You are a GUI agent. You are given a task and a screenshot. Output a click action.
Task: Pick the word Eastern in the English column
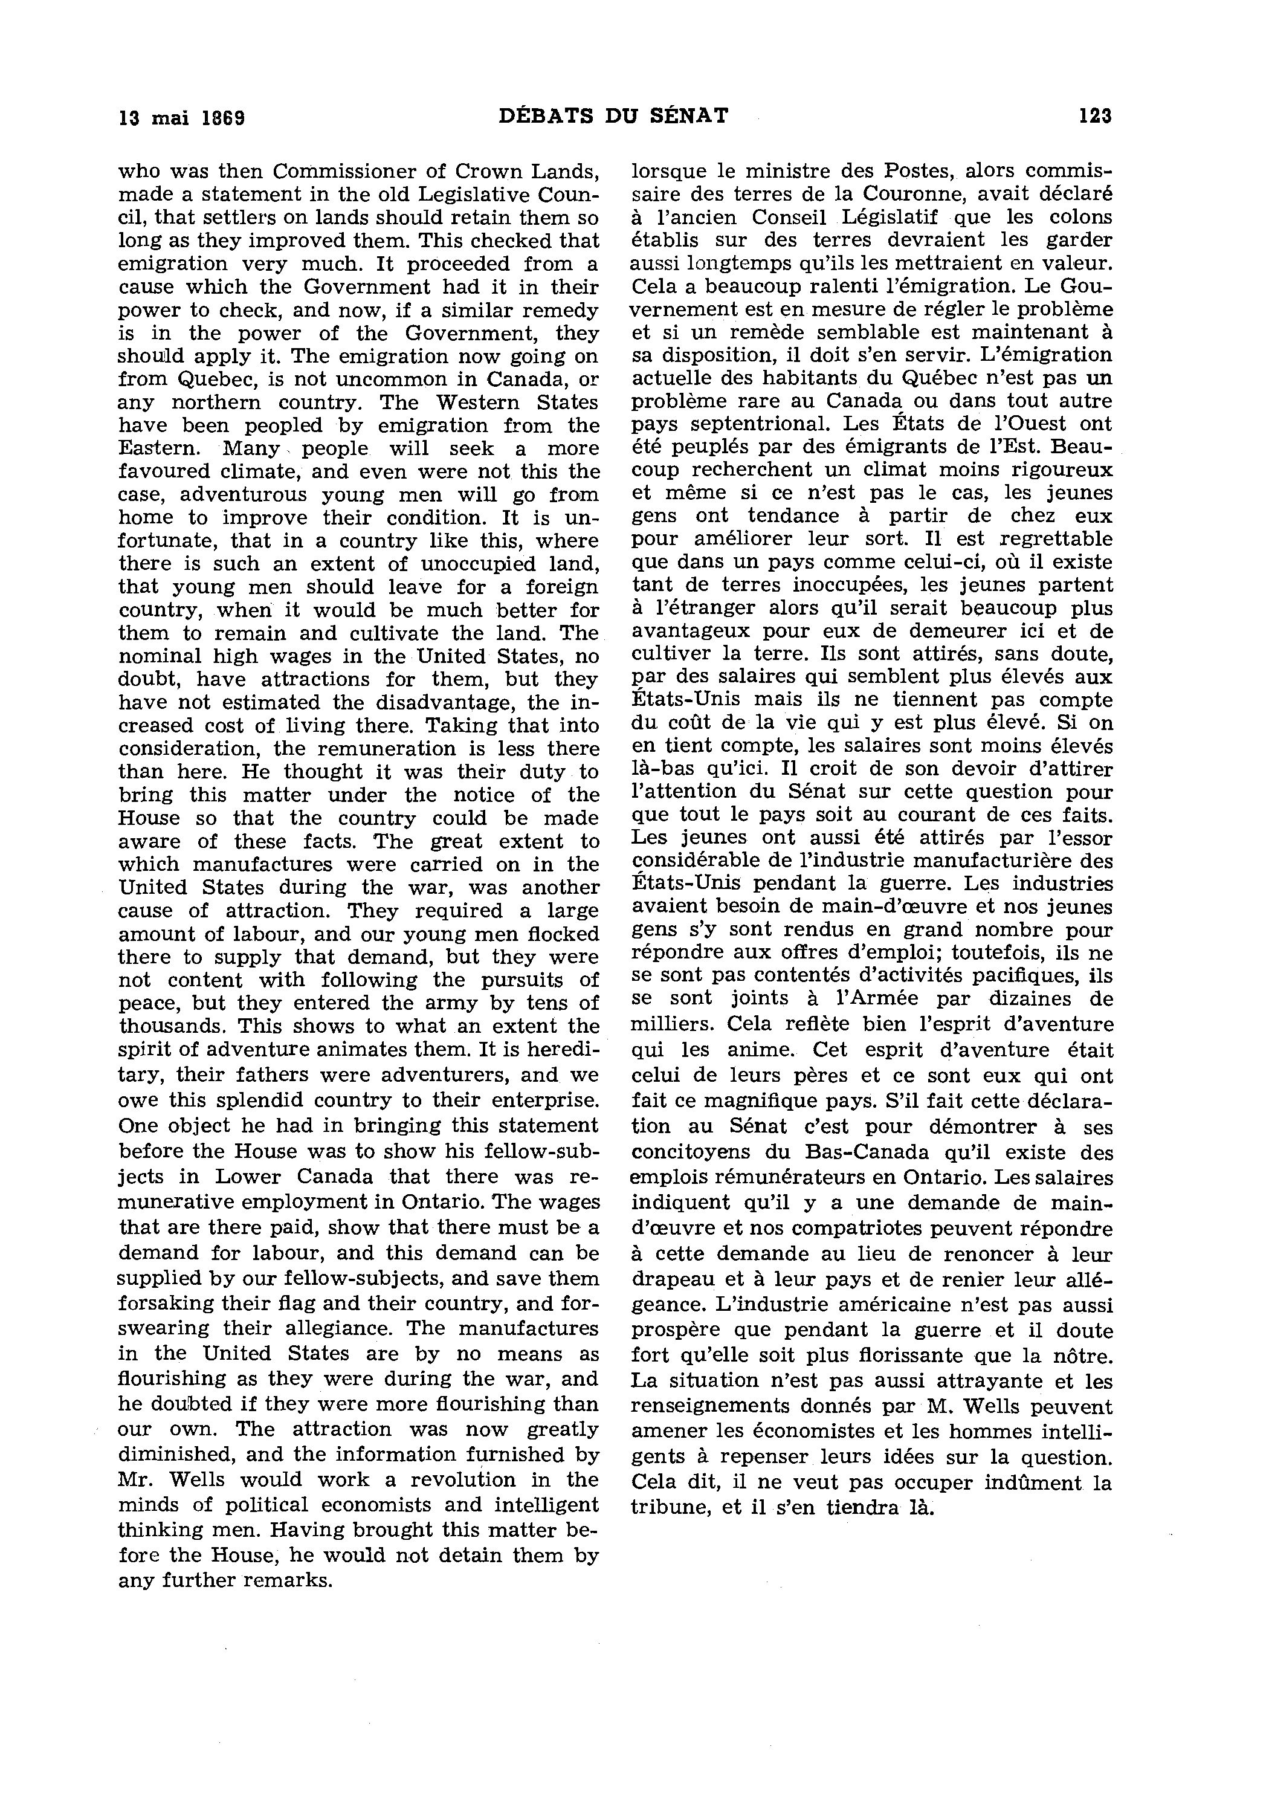pos(158,448)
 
